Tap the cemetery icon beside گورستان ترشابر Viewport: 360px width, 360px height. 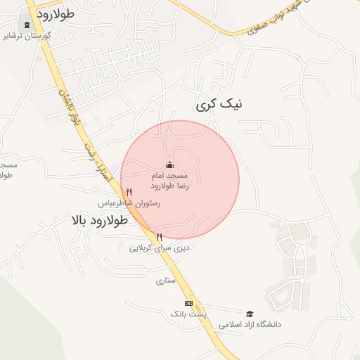[27, 25]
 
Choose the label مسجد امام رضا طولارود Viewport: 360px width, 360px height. [169, 180]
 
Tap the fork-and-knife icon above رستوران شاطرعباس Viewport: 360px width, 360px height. [129, 192]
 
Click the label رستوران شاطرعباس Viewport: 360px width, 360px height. [134, 203]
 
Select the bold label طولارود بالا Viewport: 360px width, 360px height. [100, 220]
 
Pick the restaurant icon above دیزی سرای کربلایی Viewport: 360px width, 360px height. [160, 237]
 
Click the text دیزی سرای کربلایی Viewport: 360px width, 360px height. [160, 248]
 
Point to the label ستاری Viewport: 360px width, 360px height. [165, 281]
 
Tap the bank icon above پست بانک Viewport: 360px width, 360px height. [188, 302]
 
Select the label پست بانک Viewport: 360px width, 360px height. [184, 313]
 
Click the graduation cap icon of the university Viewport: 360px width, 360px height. [250, 314]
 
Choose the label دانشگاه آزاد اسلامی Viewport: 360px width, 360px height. [250, 325]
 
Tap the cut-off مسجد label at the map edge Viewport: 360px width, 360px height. [8, 169]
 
